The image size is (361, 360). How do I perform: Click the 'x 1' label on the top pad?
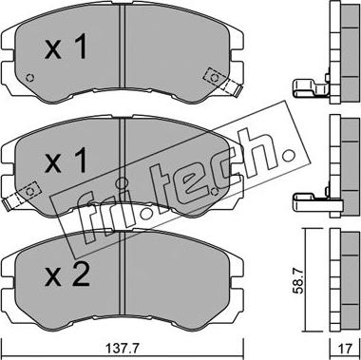point(66,47)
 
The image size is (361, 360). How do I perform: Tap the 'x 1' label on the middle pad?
point(66,161)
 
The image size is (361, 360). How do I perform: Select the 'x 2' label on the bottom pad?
point(67,275)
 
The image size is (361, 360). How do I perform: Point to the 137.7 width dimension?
point(122,349)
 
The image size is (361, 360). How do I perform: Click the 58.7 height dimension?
point(298,280)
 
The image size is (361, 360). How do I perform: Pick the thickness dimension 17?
point(345,349)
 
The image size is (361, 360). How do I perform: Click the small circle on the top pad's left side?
point(29,78)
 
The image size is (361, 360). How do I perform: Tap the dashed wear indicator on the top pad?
point(222,82)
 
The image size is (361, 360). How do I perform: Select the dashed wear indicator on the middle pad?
point(22,196)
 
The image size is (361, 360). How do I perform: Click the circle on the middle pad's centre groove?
point(121,182)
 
